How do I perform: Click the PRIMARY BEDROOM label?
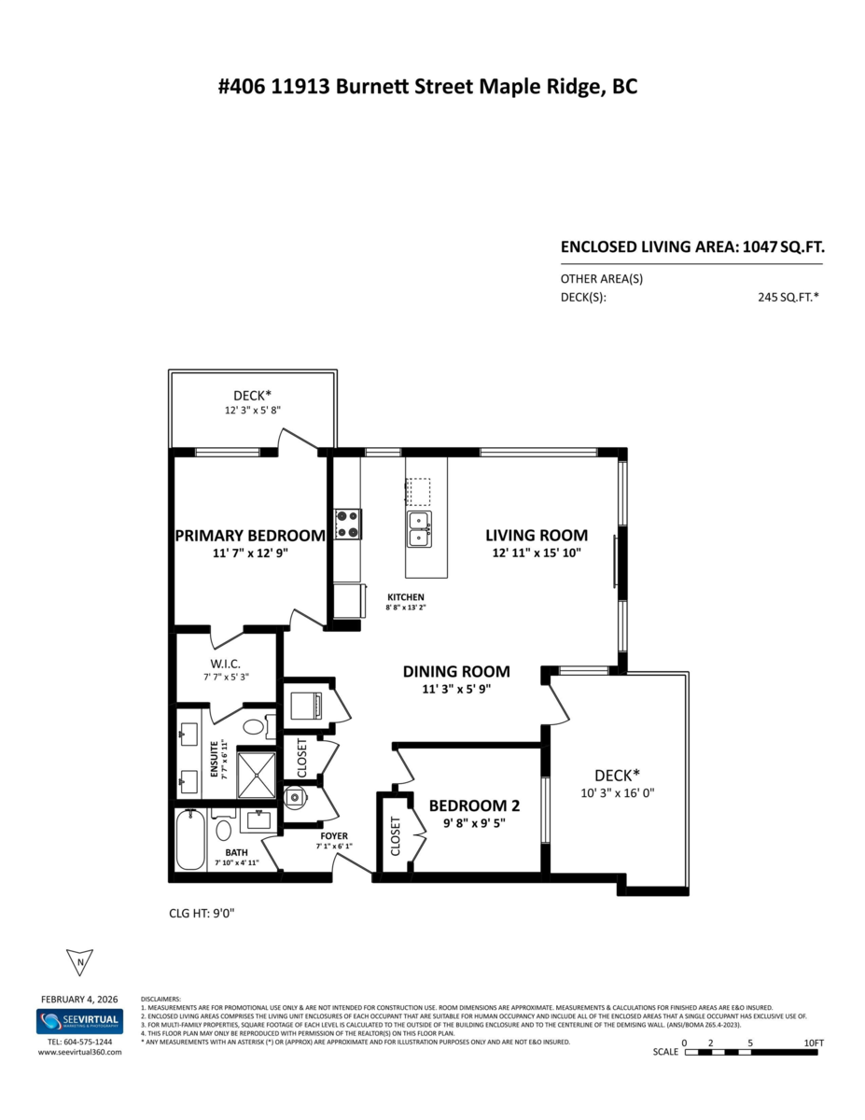(x=250, y=536)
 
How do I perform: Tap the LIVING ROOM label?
(x=536, y=536)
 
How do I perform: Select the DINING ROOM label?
(x=456, y=671)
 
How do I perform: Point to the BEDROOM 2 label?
(x=474, y=806)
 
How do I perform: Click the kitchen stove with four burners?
(x=348, y=525)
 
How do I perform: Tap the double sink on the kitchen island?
(x=419, y=528)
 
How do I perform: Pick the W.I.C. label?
(x=225, y=663)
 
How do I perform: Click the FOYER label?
(x=333, y=835)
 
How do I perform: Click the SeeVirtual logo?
(x=79, y=1022)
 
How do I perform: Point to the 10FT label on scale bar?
(x=813, y=1042)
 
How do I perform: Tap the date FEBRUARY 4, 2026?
(x=79, y=998)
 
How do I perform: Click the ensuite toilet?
(x=254, y=726)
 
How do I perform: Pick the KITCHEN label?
(x=406, y=597)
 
